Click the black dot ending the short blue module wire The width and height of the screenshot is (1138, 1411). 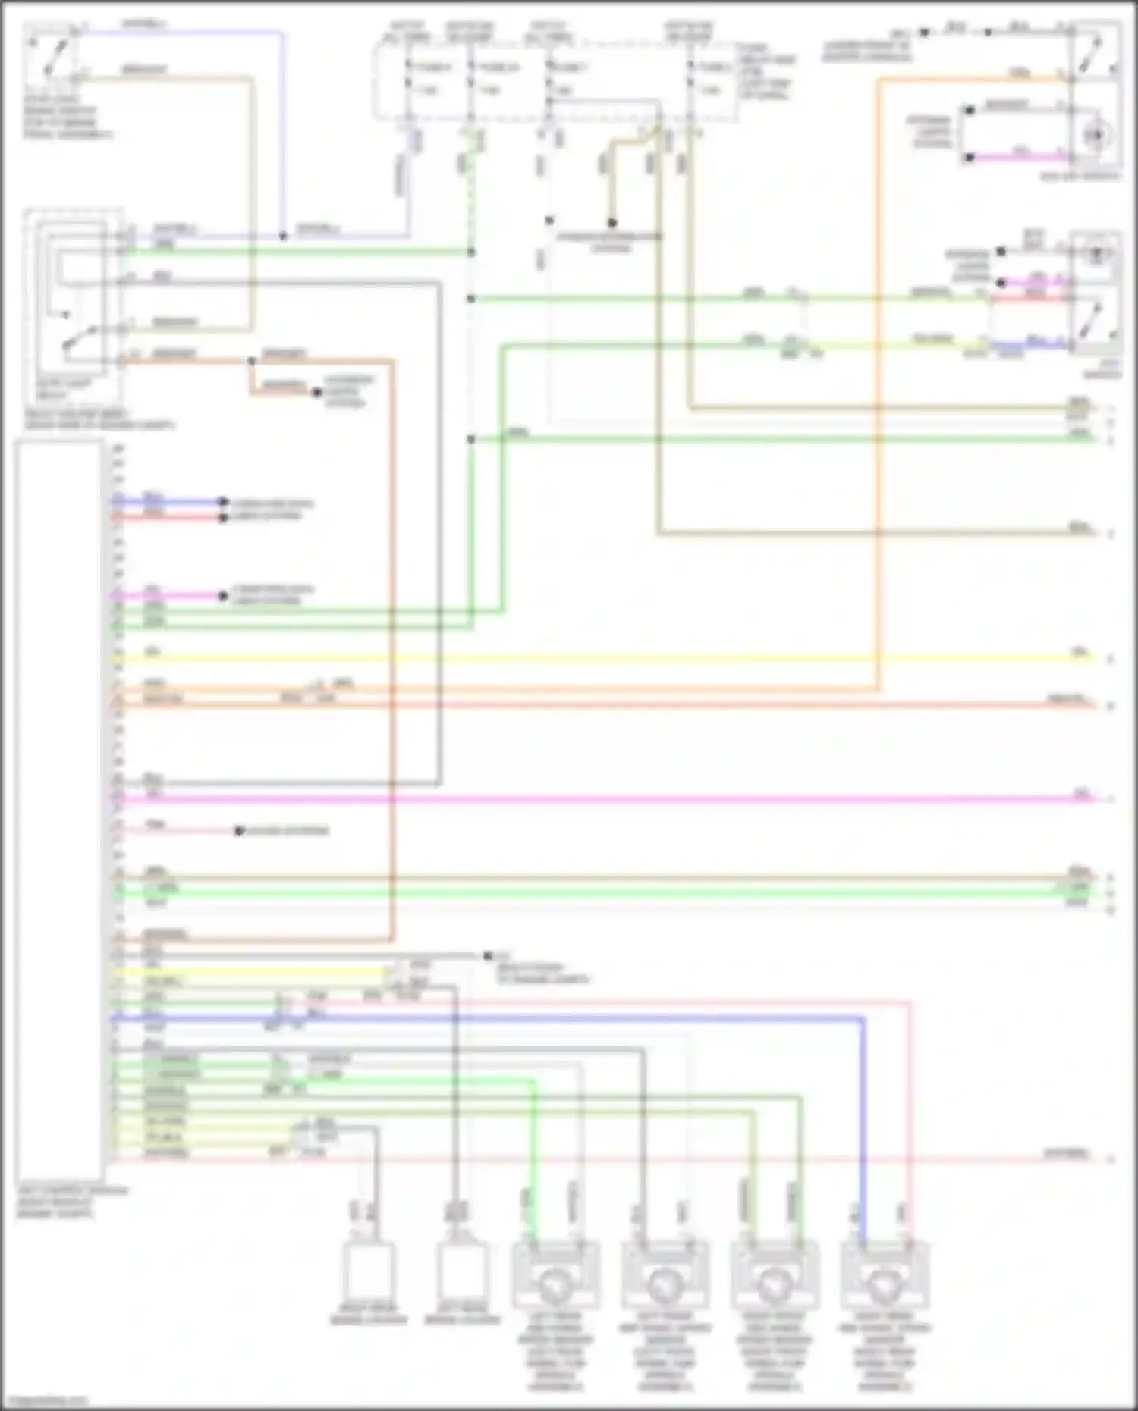[223, 502]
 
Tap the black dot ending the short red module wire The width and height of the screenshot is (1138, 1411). [223, 518]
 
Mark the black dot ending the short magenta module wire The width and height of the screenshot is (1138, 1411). [223, 596]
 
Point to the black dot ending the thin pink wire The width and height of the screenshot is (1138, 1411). [238, 831]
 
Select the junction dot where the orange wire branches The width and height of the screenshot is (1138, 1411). [251, 361]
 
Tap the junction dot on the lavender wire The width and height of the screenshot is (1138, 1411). [283, 236]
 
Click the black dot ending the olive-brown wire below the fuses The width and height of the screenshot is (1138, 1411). [611, 223]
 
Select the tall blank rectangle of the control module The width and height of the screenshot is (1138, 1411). [59, 811]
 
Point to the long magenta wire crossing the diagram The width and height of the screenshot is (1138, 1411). [607, 798]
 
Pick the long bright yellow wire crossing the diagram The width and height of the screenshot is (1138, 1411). [607, 658]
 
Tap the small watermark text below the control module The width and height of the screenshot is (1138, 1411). [43, 1400]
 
